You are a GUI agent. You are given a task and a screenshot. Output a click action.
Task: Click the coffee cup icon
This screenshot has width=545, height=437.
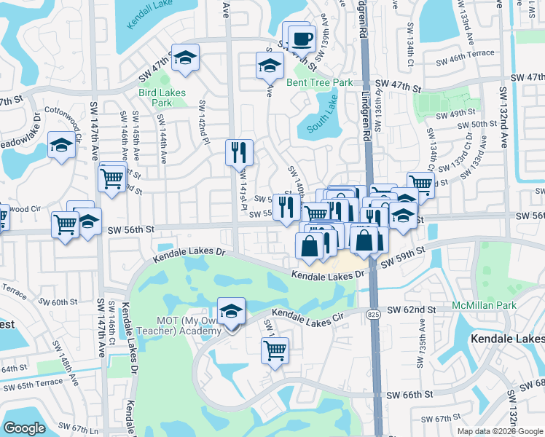[x=302, y=38]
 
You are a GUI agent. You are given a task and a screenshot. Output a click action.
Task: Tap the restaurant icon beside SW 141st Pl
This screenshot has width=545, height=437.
[x=239, y=152]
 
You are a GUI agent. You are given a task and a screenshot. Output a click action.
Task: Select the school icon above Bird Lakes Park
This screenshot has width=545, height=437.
[x=185, y=58]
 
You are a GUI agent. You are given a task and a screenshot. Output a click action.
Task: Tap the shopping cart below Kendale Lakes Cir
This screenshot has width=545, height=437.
[x=275, y=350]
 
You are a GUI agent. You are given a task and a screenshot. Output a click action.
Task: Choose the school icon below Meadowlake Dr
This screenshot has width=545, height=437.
[x=61, y=144]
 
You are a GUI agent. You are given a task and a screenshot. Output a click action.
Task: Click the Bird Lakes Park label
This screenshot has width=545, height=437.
[x=162, y=98]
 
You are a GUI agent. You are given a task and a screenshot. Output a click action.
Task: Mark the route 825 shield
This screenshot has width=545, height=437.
[x=374, y=293]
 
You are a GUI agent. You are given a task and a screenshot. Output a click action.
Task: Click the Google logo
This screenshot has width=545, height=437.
[x=25, y=428]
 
